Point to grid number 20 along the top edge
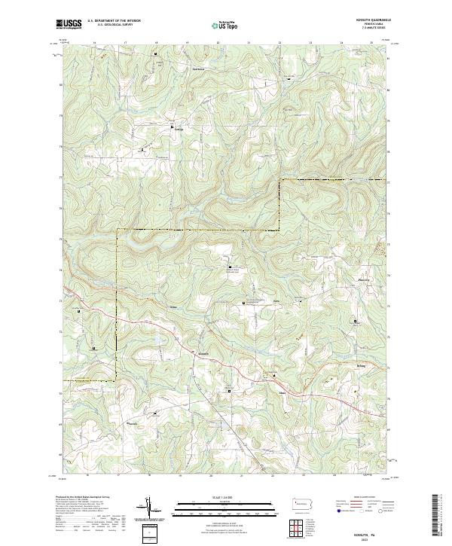[x=218, y=44]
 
